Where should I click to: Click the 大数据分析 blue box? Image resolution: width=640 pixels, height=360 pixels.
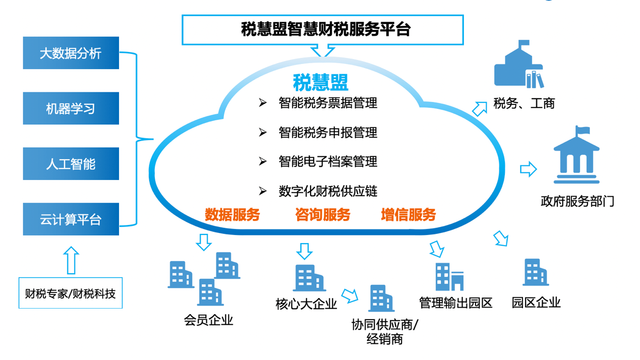click(x=71, y=53)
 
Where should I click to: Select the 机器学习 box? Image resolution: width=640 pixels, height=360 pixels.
click(x=71, y=108)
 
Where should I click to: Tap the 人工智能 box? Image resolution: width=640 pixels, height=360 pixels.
click(x=71, y=164)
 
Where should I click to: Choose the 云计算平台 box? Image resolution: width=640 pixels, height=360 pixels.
click(x=71, y=219)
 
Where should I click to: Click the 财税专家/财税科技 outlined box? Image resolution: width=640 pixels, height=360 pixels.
click(x=71, y=293)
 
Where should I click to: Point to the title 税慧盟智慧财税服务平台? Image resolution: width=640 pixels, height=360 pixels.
click(x=323, y=29)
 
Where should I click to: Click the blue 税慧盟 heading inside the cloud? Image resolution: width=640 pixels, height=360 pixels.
click(x=320, y=82)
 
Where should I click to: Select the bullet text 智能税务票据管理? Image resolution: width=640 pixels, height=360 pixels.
click(x=328, y=103)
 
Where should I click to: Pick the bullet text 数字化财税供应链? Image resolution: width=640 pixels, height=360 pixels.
click(x=328, y=192)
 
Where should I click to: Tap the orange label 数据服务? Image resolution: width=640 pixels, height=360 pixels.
click(x=232, y=215)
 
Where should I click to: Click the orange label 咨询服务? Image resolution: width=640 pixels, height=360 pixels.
click(x=322, y=215)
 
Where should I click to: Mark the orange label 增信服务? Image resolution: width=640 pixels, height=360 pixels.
click(x=408, y=215)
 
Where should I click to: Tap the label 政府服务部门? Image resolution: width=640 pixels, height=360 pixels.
click(x=577, y=202)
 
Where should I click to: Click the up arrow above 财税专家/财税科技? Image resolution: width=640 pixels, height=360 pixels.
click(x=71, y=260)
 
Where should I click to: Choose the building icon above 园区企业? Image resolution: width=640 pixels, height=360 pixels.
click(x=535, y=273)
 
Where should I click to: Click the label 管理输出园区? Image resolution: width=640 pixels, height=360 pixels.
click(x=455, y=303)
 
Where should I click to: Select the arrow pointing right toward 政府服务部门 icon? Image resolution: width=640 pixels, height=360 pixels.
click(x=528, y=169)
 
